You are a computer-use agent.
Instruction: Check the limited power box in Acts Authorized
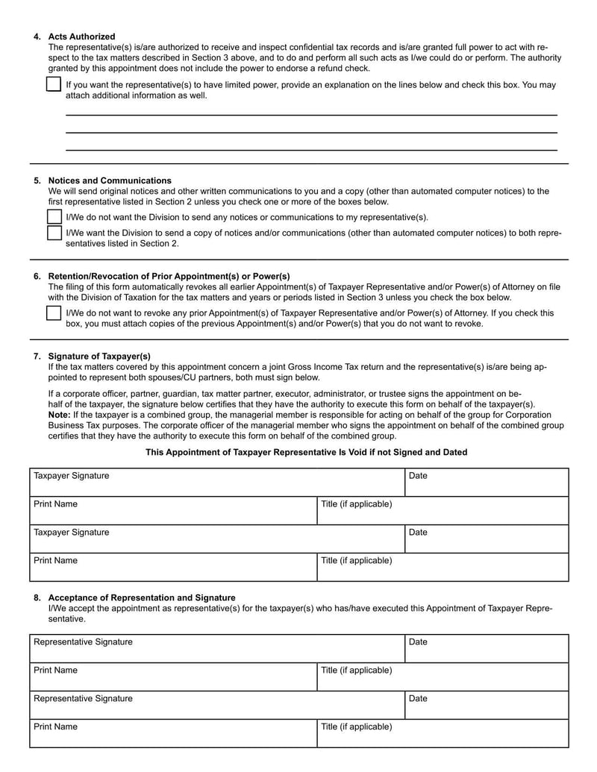coord(54,85)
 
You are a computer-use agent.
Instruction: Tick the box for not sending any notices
coord(54,217)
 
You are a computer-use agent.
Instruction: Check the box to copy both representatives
coord(54,233)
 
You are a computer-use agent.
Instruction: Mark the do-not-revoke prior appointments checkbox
coord(54,314)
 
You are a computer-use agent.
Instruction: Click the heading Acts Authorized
coord(81,37)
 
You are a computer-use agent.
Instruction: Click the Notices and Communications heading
coord(110,181)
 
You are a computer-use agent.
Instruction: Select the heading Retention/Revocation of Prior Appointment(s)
coord(169,276)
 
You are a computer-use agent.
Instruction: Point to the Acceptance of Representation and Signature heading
coord(142,597)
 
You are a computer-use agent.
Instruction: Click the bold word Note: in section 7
coord(60,415)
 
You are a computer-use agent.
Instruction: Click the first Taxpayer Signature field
coord(216,483)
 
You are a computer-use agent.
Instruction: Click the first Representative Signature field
coord(216,649)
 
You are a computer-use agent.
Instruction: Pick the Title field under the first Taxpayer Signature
coord(443,511)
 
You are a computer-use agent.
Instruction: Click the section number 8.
coord(37,597)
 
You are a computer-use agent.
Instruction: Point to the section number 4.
coord(37,37)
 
